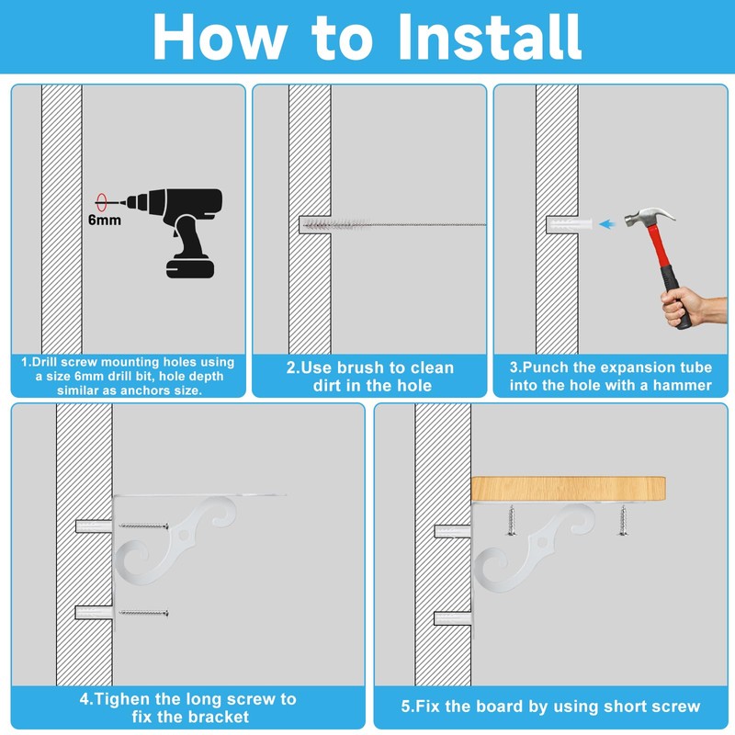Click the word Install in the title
[x=490, y=37]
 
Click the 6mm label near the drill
[x=105, y=220]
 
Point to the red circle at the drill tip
[x=101, y=202]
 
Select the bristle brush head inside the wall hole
[x=335, y=224]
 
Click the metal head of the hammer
[x=650, y=217]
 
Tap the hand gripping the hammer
[x=693, y=306]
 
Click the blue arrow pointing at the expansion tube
[x=607, y=224]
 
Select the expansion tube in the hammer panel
[x=570, y=224]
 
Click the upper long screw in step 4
[x=144, y=526]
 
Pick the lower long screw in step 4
[x=144, y=613]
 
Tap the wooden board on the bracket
[x=568, y=489]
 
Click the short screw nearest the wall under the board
[x=512, y=520]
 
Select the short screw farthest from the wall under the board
[x=623, y=520]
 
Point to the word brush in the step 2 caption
[x=358, y=368]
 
